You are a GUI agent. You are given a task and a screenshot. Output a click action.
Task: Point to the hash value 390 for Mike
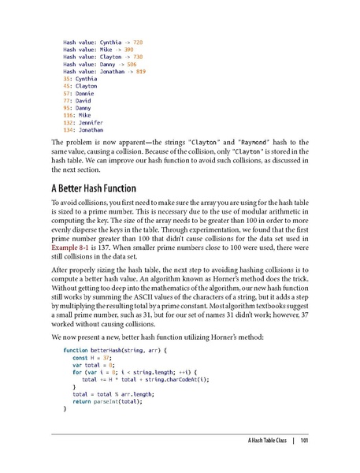coord(127,47)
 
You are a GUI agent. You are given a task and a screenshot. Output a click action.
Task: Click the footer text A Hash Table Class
coord(260,441)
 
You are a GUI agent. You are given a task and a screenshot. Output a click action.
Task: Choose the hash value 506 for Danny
coord(133,63)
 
